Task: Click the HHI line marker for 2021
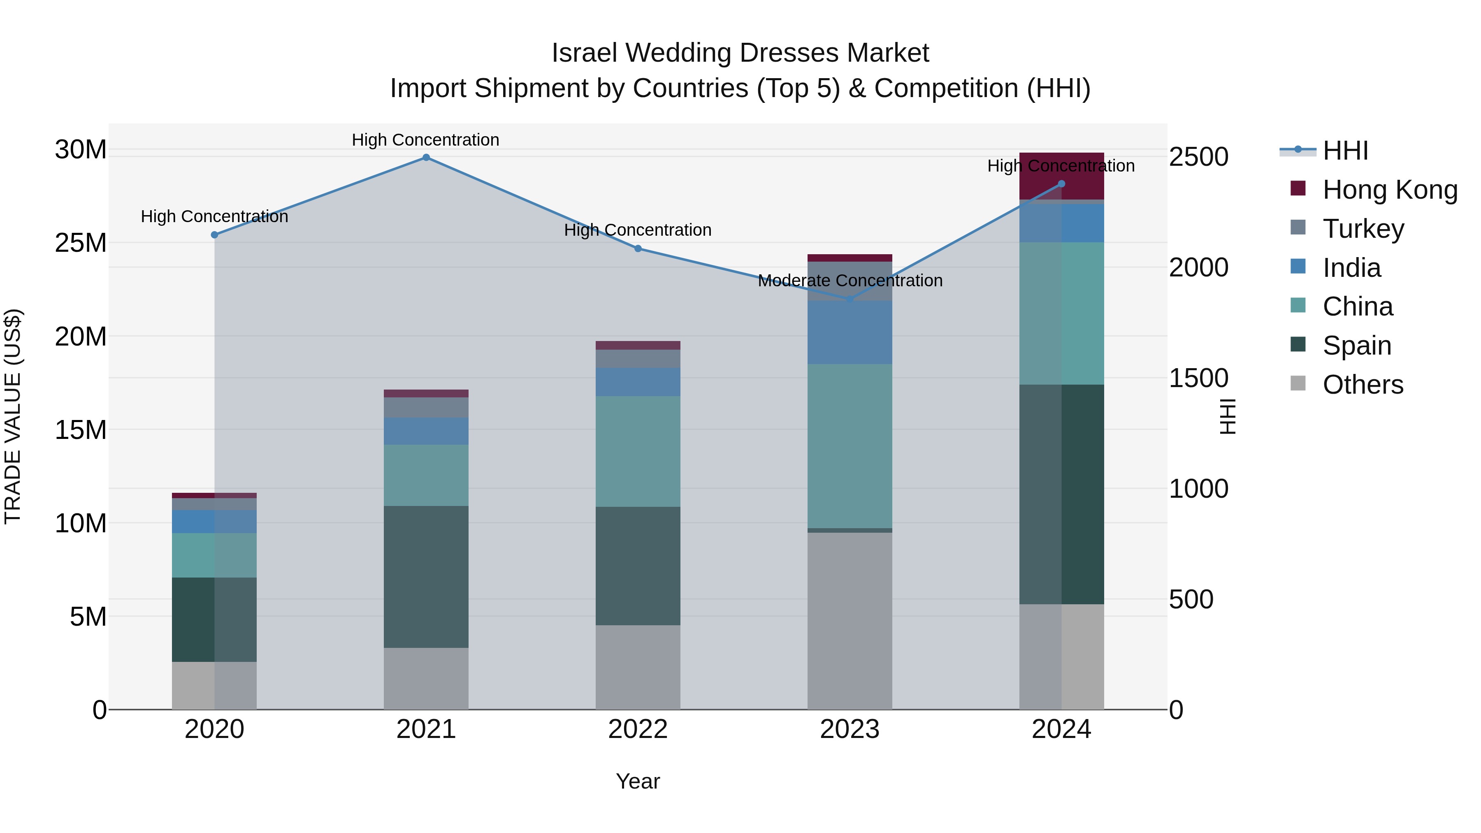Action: pyautogui.click(x=426, y=158)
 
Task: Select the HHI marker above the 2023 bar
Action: pyautogui.click(x=850, y=299)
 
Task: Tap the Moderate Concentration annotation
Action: pyautogui.click(x=850, y=281)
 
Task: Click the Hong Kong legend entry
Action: pyautogui.click(x=1390, y=190)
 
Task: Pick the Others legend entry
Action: pyautogui.click(x=1363, y=385)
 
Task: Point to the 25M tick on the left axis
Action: pyautogui.click(x=81, y=243)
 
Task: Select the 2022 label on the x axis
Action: pyautogui.click(x=638, y=729)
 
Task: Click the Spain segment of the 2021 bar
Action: pyautogui.click(x=426, y=577)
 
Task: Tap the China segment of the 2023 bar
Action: pyautogui.click(x=850, y=446)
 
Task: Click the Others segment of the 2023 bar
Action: pyautogui.click(x=850, y=621)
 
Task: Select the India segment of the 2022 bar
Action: pyautogui.click(x=638, y=382)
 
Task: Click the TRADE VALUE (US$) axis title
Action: pyautogui.click(x=13, y=416)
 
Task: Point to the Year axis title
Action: pyautogui.click(x=638, y=781)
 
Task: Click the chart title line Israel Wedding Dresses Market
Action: pyautogui.click(x=740, y=53)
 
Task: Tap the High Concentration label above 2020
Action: pyautogui.click(x=214, y=217)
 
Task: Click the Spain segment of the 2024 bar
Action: pyautogui.click(x=1061, y=494)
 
